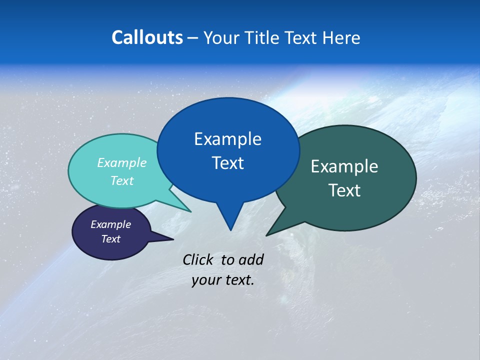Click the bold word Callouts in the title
pyautogui.click(x=147, y=37)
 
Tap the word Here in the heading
pyautogui.click(x=341, y=37)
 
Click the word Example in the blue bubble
pyautogui.click(x=227, y=139)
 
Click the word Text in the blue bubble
pyautogui.click(x=227, y=163)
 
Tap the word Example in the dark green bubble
pyautogui.click(x=344, y=166)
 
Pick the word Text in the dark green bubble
pyautogui.click(x=344, y=190)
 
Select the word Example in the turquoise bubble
pyautogui.click(x=122, y=163)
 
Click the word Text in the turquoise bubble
pyautogui.click(x=122, y=181)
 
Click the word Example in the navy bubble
pyautogui.click(x=111, y=224)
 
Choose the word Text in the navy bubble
pyautogui.click(x=111, y=239)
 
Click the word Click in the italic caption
pyautogui.click(x=198, y=259)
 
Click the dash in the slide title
pyautogui.click(x=193, y=38)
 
